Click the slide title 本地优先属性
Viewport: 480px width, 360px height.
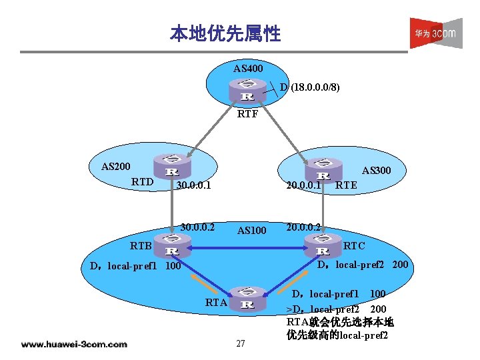(225, 33)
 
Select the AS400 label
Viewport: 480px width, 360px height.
(247, 69)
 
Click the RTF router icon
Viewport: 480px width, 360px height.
(246, 90)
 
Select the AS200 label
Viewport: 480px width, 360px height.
(115, 166)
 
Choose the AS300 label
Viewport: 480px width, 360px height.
(376, 171)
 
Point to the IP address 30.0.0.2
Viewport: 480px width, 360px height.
(197, 227)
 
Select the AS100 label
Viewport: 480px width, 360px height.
(251, 231)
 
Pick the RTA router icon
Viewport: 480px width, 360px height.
(246, 301)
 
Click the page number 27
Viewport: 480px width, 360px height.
(241, 343)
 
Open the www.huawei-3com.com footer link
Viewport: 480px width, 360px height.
(73, 344)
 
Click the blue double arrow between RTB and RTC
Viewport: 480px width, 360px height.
(247, 248)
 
